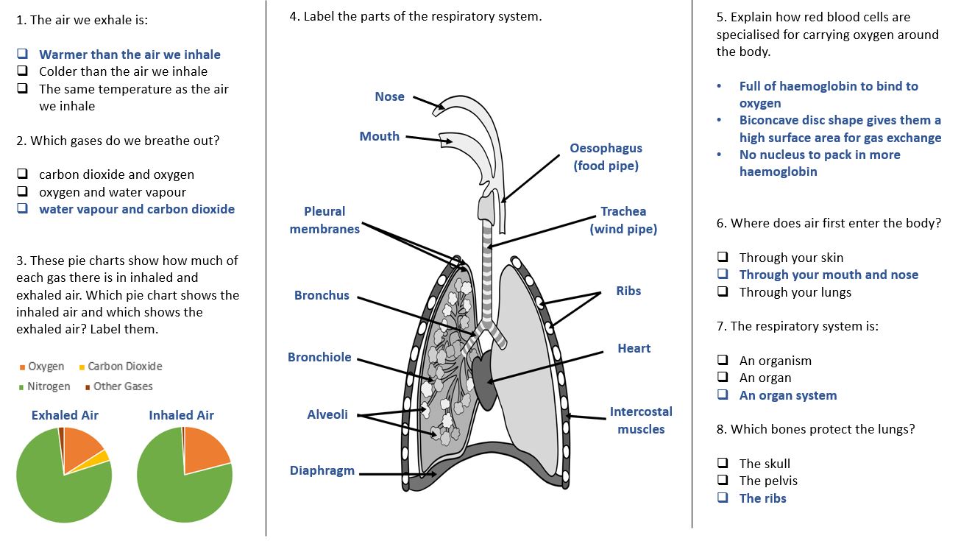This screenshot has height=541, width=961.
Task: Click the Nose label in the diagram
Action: click(389, 96)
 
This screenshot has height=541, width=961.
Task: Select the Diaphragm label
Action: click(322, 470)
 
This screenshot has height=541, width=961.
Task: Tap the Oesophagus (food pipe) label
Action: click(606, 157)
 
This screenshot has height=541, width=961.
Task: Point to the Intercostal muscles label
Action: click(640, 420)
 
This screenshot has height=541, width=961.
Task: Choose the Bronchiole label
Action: click(319, 357)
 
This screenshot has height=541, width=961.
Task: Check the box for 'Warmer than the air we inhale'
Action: click(23, 54)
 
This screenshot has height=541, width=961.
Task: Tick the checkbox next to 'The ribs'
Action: click(723, 498)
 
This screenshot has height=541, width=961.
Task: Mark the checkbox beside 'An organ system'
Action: click(723, 395)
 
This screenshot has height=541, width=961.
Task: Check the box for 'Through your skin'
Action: click(723, 258)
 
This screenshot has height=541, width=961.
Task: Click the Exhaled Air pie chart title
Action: click(65, 415)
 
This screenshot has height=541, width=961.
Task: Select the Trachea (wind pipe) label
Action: click(623, 220)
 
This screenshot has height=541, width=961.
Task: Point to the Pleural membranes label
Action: click(325, 220)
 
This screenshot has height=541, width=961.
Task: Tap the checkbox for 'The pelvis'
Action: click(723, 481)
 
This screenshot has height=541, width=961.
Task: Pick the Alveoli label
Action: click(327, 414)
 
